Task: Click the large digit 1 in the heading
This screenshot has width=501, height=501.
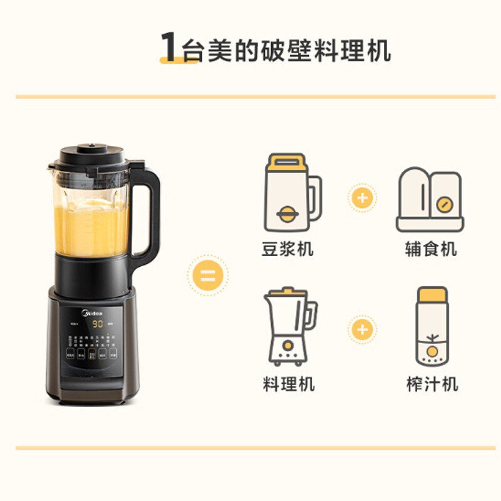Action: click(x=168, y=47)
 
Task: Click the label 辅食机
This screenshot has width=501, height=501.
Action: click(x=431, y=249)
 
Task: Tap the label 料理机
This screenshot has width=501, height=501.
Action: click(x=288, y=383)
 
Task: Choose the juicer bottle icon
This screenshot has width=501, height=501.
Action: click(x=432, y=326)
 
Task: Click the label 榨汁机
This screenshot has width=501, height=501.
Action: click(x=432, y=383)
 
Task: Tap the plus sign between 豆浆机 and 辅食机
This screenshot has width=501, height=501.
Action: click(x=362, y=198)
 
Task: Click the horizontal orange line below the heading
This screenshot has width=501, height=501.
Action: click(x=250, y=97)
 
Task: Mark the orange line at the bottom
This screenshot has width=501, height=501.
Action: click(x=250, y=448)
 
